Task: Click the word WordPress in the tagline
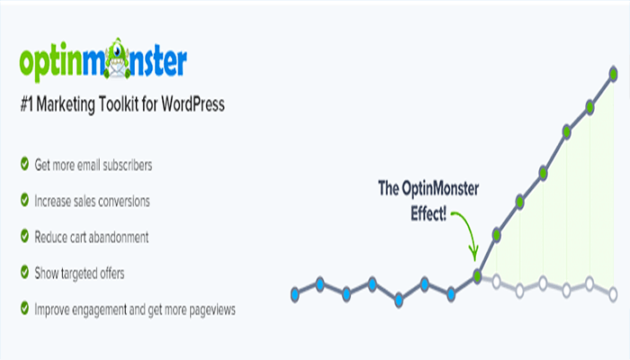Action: tap(190, 105)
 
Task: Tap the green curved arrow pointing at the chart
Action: tap(465, 230)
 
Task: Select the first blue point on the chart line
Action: tap(295, 293)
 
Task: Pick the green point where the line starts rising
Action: tap(478, 275)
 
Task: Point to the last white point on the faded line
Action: tap(613, 293)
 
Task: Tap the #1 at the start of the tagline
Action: tap(27, 105)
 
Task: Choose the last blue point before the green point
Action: tap(452, 292)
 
